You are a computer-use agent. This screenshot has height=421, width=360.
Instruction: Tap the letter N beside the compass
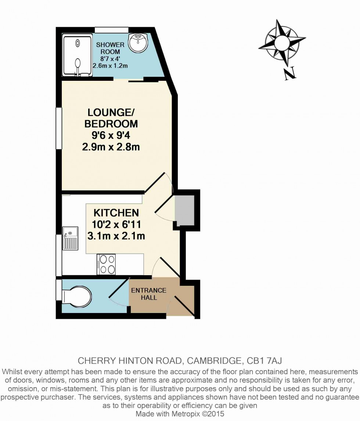290,74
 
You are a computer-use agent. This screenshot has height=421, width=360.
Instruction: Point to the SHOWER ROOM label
110,48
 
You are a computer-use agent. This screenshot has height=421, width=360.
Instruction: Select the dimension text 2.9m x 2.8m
111,147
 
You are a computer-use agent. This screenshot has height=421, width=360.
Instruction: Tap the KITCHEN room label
116,213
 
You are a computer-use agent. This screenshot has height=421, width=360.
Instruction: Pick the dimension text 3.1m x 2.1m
116,236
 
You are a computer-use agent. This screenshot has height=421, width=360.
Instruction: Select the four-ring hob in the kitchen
106,264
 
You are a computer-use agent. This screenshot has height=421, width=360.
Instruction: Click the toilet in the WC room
76,296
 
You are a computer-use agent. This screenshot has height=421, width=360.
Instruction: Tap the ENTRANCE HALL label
149,294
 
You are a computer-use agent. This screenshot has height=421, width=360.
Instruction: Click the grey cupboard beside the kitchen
185,210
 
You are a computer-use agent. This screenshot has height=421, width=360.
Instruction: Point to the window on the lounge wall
58,128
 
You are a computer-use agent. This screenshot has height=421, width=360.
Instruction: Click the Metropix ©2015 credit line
180,414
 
